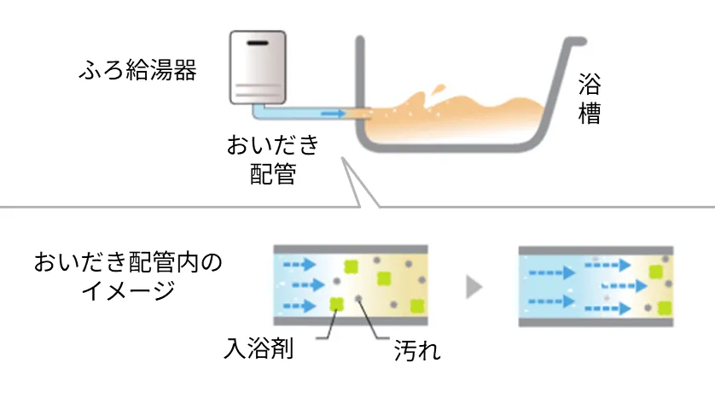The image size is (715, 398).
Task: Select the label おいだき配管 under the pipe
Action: (x=272, y=159)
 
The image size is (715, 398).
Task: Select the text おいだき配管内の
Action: (x=128, y=261)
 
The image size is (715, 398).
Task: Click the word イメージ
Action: (x=128, y=290)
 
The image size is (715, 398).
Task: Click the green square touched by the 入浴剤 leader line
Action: (x=336, y=302)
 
